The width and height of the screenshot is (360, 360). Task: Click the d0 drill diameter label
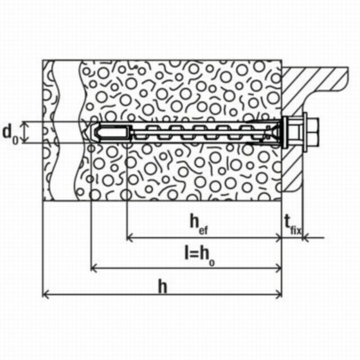10,135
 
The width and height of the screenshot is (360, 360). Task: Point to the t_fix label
292,225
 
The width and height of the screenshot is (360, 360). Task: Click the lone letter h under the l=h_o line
162,287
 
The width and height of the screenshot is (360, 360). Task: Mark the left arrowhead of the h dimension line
45,294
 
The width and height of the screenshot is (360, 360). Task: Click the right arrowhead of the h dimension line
279,294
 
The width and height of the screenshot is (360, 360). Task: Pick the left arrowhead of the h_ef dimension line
130,238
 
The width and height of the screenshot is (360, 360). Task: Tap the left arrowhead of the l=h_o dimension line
94,268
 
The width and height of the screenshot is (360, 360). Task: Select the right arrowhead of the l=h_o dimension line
279,268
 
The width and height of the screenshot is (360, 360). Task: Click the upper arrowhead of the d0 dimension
26,124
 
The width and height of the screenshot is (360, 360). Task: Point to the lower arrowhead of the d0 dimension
26,140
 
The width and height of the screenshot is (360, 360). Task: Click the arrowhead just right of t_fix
306,238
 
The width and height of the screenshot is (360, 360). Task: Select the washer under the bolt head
305,132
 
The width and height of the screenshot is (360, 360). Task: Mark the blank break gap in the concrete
67,130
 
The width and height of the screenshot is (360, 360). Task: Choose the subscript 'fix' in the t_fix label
296,230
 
